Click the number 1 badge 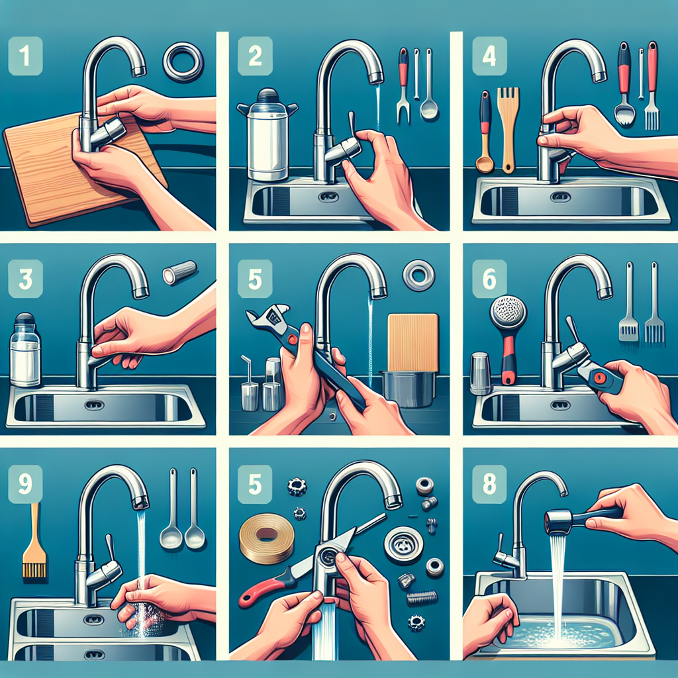[x=26, y=56]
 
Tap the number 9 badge [x=26, y=484]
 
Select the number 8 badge [x=489, y=484]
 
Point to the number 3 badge [x=26, y=279]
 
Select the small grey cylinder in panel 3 [x=179, y=272]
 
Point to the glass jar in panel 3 [x=24, y=350]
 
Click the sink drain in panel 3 [x=95, y=405]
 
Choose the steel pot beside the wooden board [x=408, y=388]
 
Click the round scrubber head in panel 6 [x=508, y=314]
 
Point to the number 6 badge [x=489, y=279]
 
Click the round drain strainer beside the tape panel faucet [x=403, y=543]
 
